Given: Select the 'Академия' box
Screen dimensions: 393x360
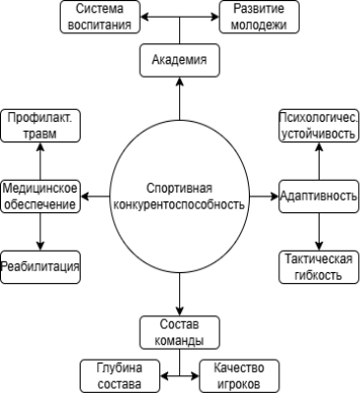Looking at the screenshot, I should [x=179, y=61].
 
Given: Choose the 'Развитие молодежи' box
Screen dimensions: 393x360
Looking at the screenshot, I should [x=260, y=18].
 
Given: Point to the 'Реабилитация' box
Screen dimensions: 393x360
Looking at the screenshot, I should [x=40, y=266].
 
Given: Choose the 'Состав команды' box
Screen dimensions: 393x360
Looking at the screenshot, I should [x=179, y=332].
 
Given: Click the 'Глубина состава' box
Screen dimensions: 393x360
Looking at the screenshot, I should [x=119, y=374].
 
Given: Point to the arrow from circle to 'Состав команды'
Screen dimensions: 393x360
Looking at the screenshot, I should [x=179, y=295].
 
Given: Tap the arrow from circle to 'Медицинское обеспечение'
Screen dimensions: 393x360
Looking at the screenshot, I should [x=95, y=196].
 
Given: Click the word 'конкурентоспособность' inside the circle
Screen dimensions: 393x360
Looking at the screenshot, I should [x=180, y=205].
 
